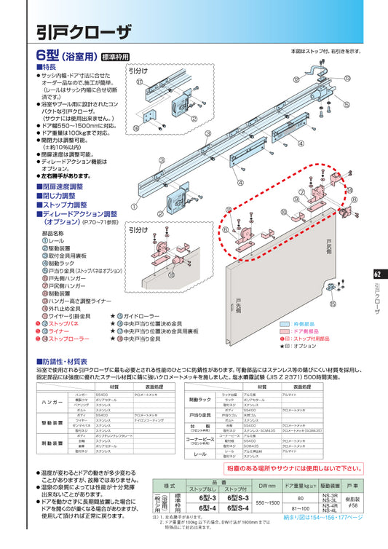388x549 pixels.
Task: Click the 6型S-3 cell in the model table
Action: (237, 497)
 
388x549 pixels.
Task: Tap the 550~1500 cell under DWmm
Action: (269, 502)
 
